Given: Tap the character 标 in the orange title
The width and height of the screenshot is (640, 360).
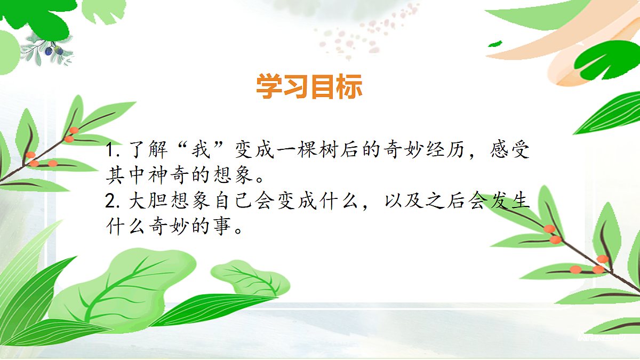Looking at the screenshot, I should click(349, 86).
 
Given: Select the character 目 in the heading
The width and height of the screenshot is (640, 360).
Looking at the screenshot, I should click(323, 86).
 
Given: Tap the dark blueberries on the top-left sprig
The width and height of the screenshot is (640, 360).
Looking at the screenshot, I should click(53, 51).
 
